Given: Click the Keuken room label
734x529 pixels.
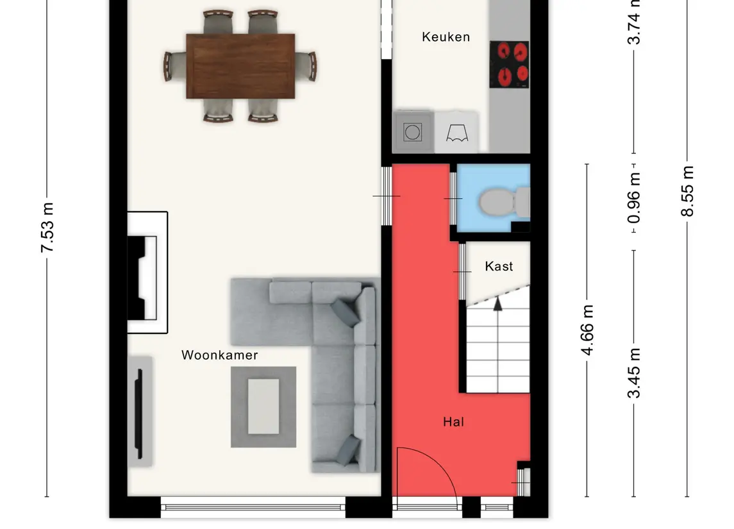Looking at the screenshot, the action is point(446,37).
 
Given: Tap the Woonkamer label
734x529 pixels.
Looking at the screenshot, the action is point(219,355).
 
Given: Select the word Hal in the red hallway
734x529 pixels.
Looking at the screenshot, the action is point(453,422).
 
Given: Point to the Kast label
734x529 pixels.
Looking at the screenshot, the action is point(499,266).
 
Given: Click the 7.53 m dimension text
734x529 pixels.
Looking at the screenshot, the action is point(47,228).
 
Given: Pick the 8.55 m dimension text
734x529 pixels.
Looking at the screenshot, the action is point(687,192).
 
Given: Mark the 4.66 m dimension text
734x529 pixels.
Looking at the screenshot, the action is point(587,330).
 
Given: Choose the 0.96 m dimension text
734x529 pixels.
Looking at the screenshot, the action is point(634,197).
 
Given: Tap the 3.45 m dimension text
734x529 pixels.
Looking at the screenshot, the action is point(634,373).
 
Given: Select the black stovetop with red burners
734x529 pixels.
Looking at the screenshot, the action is point(509,65).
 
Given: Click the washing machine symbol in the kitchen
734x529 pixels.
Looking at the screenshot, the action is point(412,132).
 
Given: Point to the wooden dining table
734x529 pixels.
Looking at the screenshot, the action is point(240,66).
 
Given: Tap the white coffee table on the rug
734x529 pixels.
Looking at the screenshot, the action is point(263,407).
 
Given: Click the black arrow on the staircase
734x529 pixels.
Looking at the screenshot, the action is point(497,303).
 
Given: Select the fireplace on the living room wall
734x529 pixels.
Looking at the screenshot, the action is point(147,273).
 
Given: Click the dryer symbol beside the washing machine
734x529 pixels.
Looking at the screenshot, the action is point(456,133).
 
